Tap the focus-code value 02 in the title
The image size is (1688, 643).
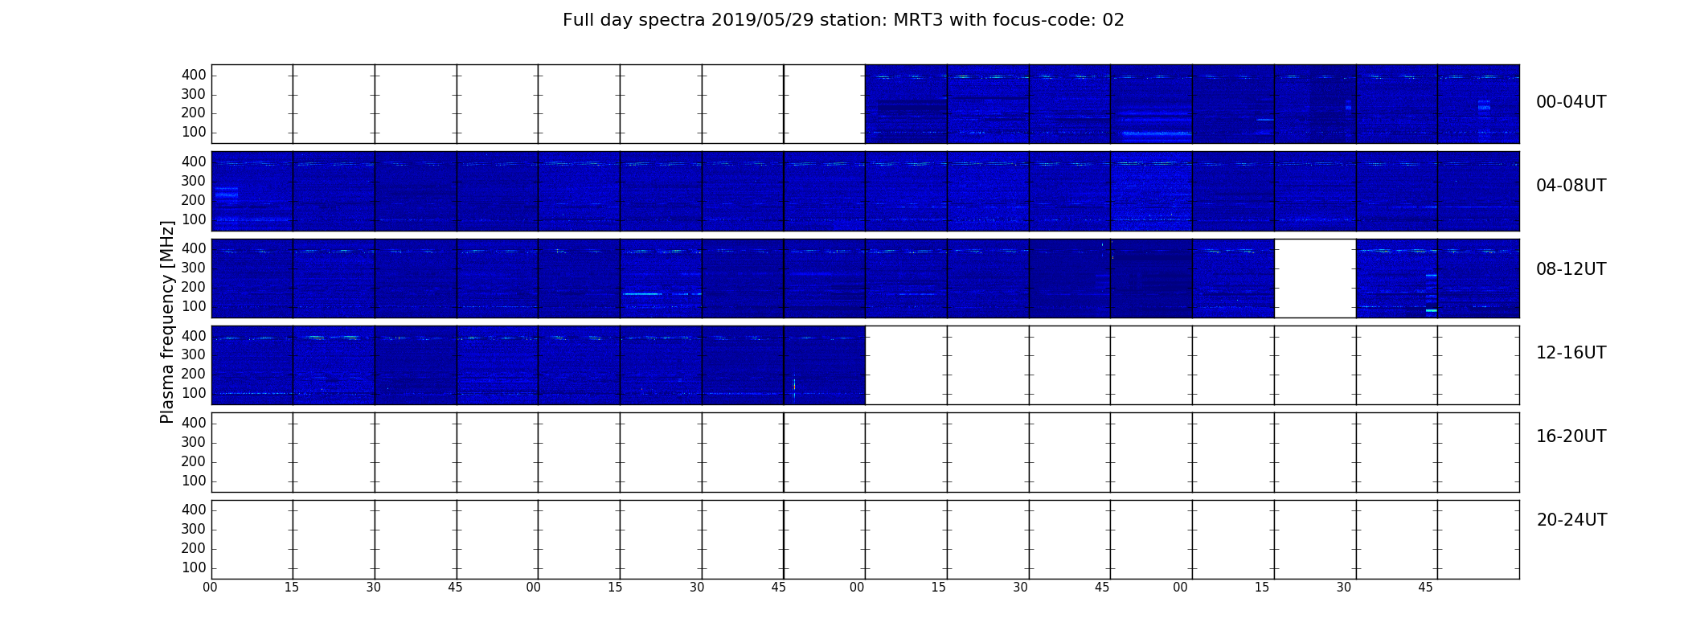(x=1113, y=20)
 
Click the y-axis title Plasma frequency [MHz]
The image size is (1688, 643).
(x=167, y=321)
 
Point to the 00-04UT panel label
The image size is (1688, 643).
(x=1571, y=102)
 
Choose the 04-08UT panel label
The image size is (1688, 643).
(x=1571, y=186)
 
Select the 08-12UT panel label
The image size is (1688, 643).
(x=1571, y=269)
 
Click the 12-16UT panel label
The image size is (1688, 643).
(x=1571, y=353)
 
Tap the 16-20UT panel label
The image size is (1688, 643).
(x=1571, y=436)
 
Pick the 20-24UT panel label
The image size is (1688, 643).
(x=1571, y=520)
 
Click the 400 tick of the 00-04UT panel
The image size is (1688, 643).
(x=194, y=75)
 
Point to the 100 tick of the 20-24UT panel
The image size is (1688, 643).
(x=194, y=567)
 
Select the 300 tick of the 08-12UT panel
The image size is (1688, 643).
(x=194, y=268)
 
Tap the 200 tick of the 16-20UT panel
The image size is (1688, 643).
(x=194, y=461)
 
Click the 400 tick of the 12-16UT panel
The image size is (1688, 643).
(x=194, y=336)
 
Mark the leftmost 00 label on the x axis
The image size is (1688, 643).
(x=210, y=588)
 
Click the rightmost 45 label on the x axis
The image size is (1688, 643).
(x=1425, y=588)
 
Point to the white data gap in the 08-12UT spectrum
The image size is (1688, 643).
(x=1315, y=278)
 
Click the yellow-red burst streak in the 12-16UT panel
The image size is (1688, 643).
(x=794, y=387)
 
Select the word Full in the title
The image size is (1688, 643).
(x=577, y=20)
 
